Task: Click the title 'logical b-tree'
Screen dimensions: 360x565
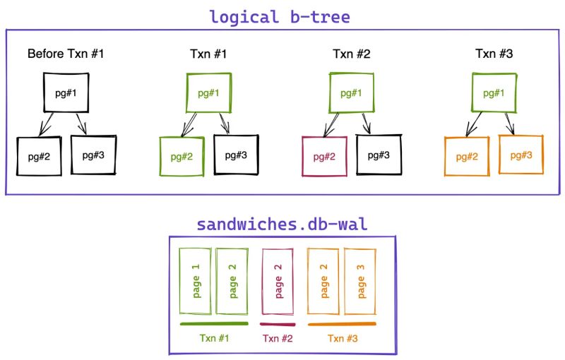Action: pyautogui.click(x=279, y=16)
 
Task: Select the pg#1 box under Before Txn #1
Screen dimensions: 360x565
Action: pyautogui.click(x=65, y=92)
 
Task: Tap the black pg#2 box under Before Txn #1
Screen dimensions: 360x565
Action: pyautogui.click(x=39, y=156)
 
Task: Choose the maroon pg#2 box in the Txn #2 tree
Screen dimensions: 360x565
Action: pyautogui.click(x=323, y=156)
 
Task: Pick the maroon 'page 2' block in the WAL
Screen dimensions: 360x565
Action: pyautogui.click(x=278, y=281)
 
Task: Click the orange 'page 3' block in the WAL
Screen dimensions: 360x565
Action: pyautogui.click(x=360, y=281)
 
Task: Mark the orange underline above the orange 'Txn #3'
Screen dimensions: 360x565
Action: pyautogui.click(x=342, y=324)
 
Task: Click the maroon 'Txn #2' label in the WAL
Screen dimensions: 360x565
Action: pyautogui.click(x=278, y=338)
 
